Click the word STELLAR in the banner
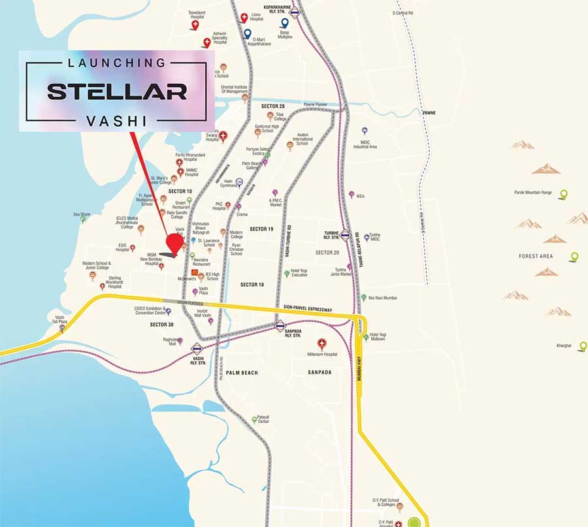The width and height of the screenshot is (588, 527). [x=117, y=91]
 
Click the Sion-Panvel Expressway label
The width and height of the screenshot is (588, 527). [x=308, y=308]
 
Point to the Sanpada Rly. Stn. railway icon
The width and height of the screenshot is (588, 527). [x=280, y=325]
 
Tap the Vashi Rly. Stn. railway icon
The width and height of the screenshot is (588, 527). [x=197, y=347]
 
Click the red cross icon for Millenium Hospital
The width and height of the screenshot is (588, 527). [x=321, y=343]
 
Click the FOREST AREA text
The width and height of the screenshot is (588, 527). [x=536, y=256]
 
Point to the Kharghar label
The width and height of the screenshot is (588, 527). [x=564, y=345]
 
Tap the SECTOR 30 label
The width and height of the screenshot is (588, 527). [x=161, y=325]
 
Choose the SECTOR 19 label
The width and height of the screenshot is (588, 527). [x=261, y=229]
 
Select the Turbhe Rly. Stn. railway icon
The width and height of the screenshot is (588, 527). [x=345, y=235]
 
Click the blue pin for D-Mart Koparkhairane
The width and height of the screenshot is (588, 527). [x=248, y=33]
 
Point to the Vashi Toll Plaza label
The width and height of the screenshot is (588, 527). [x=60, y=319]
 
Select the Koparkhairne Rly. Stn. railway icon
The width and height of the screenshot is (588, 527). [x=295, y=11]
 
